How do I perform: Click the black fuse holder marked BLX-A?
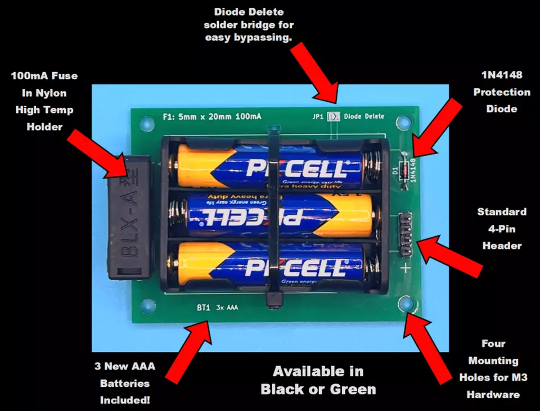tap(129, 218)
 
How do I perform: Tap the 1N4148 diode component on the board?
tap(403, 172)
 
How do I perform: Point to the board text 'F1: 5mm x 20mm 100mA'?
tap(211, 117)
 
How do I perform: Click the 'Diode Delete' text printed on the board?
tap(364, 116)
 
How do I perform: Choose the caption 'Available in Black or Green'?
tap(318, 380)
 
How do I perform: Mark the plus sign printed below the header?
tap(406, 269)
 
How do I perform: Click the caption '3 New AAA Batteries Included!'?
tap(125, 383)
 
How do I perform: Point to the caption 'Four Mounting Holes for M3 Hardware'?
tap(493, 369)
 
